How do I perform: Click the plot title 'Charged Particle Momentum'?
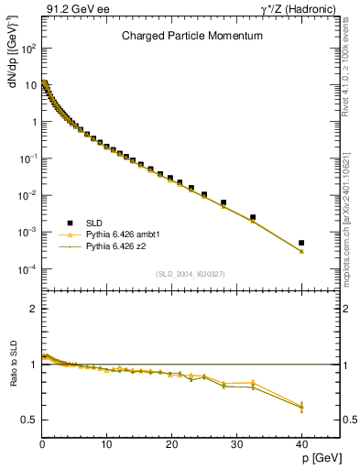click(x=192, y=36)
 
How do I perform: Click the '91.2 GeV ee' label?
click(x=71, y=8)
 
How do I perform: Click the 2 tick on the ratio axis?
click(x=32, y=309)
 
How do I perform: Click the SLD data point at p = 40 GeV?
click(x=301, y=243)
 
